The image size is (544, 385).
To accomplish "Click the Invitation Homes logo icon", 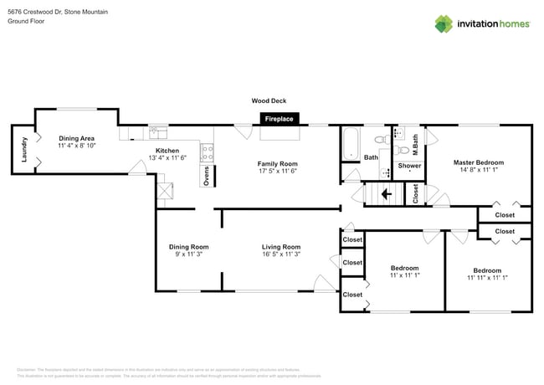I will point(444,23).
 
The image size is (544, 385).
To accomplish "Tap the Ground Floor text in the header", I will point(26,22).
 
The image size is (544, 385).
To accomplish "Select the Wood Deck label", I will point(269,100).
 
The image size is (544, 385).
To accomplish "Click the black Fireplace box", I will point(279,120).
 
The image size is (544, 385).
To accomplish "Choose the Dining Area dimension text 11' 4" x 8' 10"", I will point(76,146).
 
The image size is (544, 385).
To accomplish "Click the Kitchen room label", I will point(167,151).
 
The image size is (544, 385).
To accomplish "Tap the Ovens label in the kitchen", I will point(206,175).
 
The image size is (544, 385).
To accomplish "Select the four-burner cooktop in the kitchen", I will point(207,151).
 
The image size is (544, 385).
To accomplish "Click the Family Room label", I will point(278,163).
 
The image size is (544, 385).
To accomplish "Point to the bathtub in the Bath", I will point(351,143).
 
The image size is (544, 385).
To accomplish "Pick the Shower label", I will point(409,166).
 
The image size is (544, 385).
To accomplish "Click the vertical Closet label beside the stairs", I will point(416,193).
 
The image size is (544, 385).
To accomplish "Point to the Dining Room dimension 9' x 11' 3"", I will point(188,254).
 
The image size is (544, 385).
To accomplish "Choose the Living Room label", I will point(281,247).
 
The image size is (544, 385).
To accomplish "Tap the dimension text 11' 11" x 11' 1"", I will point(486,278).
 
